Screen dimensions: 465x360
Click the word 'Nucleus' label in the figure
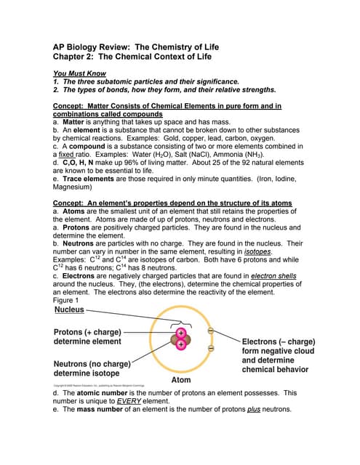coord(69,310)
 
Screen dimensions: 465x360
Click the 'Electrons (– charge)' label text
coord(278,341)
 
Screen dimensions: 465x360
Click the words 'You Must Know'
coord(79,73)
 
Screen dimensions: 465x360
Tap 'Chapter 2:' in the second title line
coord(73,57)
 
